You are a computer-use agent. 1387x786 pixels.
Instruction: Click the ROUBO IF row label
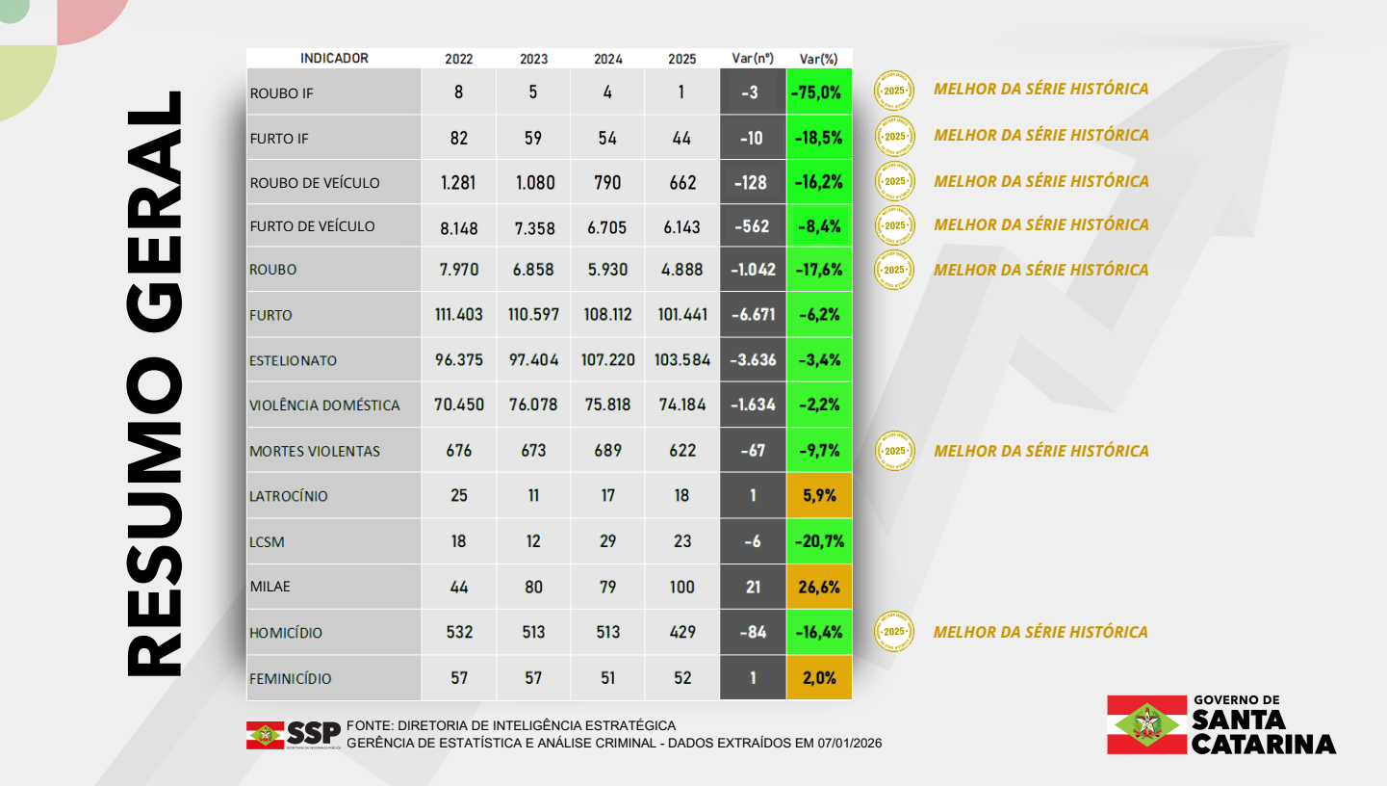click(x=281, y=93)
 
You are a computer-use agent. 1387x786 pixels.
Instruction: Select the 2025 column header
click(x=681, y=59)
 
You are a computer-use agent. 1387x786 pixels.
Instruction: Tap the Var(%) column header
click(x=818, y=59)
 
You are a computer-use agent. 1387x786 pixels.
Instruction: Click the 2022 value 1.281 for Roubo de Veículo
click(x=458, y=182)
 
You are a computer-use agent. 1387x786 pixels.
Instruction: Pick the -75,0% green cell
click(x=818, y=92)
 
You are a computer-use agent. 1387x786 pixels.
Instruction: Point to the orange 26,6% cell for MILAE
click(x=818, y=587)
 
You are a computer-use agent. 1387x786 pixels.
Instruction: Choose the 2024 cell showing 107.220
click(x=607, y=360)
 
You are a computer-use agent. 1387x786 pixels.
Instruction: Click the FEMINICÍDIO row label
click(x=291, y=678)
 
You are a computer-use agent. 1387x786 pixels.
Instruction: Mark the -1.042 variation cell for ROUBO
click(x=753, y=270)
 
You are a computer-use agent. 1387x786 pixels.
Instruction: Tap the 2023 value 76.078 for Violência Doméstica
click(x=533, y=405)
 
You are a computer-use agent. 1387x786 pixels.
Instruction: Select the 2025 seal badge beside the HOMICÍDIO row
click(x=894, y=632)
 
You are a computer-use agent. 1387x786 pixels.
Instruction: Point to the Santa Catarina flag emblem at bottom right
click(x=1146, y=724)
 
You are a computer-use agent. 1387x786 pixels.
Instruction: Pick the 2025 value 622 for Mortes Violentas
click(x=681, y=450)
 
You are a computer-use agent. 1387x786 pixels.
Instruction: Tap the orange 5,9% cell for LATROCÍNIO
click(x=818, y=496)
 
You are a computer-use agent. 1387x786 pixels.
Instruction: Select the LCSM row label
click(x=268, y=542)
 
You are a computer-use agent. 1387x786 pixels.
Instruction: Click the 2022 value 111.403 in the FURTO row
click(x=458, y=314)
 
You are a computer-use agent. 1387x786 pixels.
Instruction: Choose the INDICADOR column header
click(x=334, y=58)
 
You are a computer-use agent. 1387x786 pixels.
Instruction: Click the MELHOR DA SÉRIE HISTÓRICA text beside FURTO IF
click(x=1040, y=135)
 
